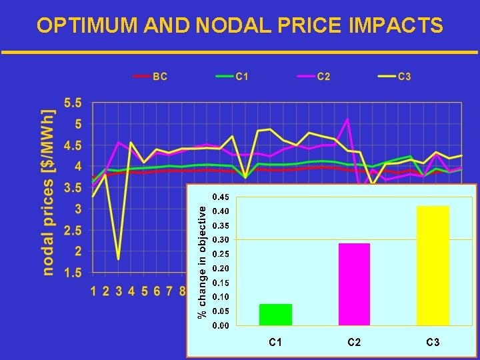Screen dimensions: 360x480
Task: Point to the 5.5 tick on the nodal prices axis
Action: pos(73,103)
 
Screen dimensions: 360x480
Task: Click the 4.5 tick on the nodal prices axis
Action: pos(73,145)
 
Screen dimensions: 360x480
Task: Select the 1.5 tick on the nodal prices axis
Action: pos(73,273)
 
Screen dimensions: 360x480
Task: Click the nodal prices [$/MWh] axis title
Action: pos(49,193)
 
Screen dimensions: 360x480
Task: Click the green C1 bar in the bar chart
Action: pos(275,314)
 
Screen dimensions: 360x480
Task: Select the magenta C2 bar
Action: pos(354,284)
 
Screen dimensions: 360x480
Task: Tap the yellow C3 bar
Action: pos(433,265)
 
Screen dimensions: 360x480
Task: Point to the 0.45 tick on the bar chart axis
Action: pos(220,197)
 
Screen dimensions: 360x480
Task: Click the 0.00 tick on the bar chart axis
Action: pos(220,325)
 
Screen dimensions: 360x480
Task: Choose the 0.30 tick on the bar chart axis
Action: pos(220,240)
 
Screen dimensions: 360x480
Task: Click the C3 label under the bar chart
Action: pos(433,342)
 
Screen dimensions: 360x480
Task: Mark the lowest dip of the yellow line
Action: pos(119,259)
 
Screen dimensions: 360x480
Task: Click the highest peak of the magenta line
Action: pos(347,119)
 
